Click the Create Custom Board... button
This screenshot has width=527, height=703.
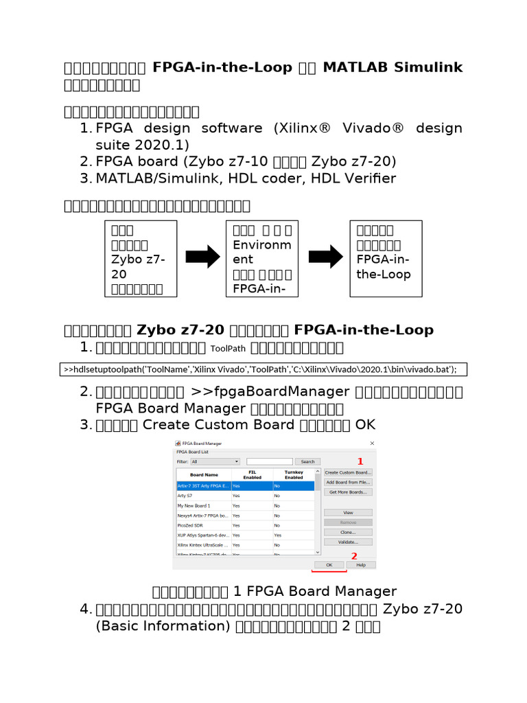pos(348,472)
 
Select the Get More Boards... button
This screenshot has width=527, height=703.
pos(348,492)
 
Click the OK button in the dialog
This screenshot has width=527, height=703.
pos(329,565)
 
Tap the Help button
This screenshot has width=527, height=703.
pos(361,565)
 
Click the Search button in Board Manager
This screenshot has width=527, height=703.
pos(307,462)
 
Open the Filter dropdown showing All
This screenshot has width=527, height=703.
pos(215,462)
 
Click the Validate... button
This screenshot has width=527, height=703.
pos(348,542)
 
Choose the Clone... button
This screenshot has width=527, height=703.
pos(348,532)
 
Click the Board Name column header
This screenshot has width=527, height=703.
pos(204,474)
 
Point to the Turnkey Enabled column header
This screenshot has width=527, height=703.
pos(293,474)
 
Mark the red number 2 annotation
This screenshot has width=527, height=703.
pos(354,555)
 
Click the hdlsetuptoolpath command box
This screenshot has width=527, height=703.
pos(260,369)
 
